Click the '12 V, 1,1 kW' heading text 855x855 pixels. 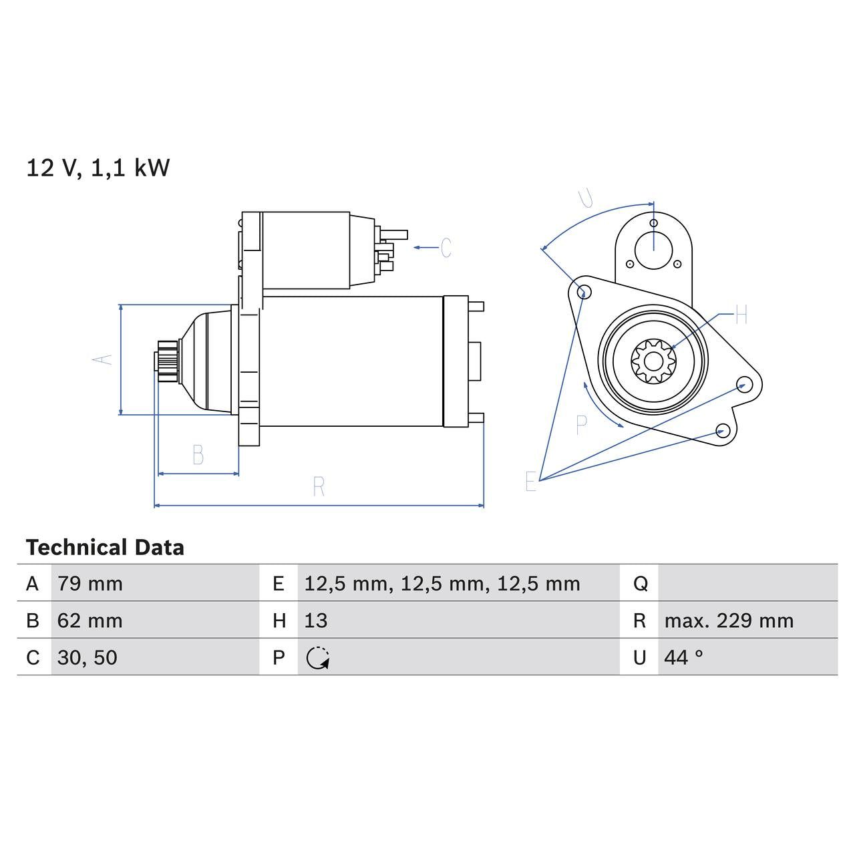click(x=98, y=168)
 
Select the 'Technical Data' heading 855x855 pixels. click(x=105, y=548)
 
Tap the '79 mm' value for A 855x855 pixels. click(x=90, y=584)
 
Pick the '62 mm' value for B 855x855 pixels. click(x=90, y=621)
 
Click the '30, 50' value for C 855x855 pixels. click(x=87, y=657)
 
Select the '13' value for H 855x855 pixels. click(x=316, y=621)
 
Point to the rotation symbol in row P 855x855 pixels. click(x=318, y=658)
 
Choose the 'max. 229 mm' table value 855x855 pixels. click(x=729, y=621)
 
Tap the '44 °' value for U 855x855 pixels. click(x=683, y=657)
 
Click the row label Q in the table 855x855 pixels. click(x=640, y=584)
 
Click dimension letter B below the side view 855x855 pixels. click(x=198, y=455)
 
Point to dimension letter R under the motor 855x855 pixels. click(x=319, y=487)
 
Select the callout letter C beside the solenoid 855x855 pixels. click(x=446, y=248)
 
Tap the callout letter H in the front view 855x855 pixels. click(x=741, y=315)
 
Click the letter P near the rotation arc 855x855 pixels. click(x=581, y=425)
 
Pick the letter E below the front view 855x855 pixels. click(x=530, y=481)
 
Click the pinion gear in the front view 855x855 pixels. click(x=653, y=362)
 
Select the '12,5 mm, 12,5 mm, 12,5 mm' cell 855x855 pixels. click(x=442, y=584)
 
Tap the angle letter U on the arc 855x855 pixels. click(x=586, y=198)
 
